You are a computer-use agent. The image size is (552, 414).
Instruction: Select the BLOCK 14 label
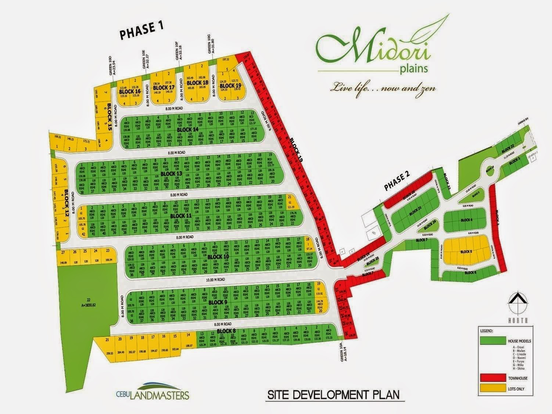pyautogui.click(x=187, y=130)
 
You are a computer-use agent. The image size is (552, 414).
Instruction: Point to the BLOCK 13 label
pyautogui.click(x=171, y=173)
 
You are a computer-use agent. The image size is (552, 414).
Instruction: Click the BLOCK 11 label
pyautogui.click(x=181, y=216)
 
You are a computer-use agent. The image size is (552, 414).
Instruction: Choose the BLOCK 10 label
pyautogui.click(x=218, y=256)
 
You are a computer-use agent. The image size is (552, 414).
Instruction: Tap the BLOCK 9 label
pyautogui.click(x=218, y=302)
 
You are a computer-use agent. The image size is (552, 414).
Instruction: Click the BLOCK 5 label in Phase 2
pyautogui.click(x=465, y=252)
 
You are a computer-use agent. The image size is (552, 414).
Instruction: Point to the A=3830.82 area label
pyautogui.click(x=86, y=305)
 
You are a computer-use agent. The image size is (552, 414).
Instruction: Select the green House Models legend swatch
pyautogui.click(x=492, y=341)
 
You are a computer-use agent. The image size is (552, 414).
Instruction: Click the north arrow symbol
pyautogui.click(x=517, y=302)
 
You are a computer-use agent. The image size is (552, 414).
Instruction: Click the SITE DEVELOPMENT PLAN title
pyautogui.click(x=333, y=395)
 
